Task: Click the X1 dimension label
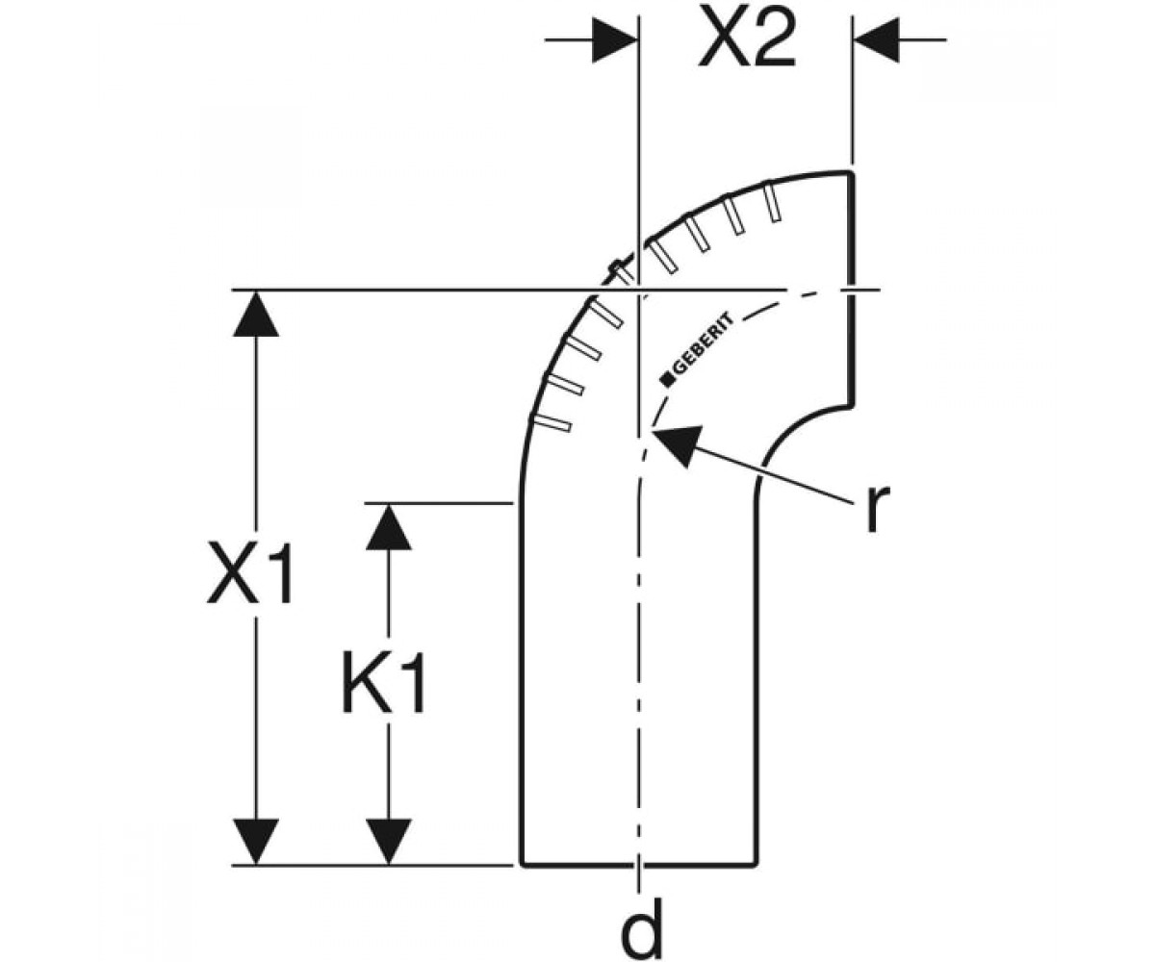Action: pyautogui.click(x=249, y=572)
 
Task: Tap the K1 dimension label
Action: pyautogui.click(x=383, y=683)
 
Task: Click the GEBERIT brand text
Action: pyautogui.click(x=704, y=346)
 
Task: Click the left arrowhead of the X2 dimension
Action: pyautogui.click(x=615, y=39)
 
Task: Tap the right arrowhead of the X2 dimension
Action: pyautogui.click(x=876, y=39)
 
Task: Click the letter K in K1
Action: pyautogui.click(x=364, y=683)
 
